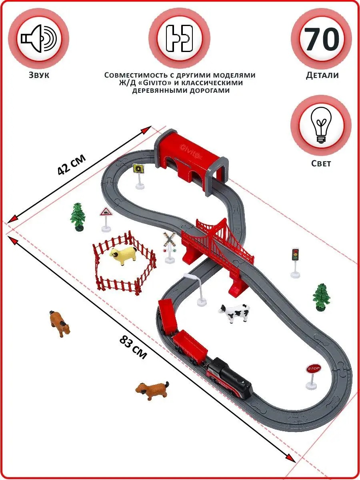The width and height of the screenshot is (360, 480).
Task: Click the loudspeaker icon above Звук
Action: point(39,38)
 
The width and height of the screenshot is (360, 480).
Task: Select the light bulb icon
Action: point(321,125)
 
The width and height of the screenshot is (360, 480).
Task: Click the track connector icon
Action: point(180,38)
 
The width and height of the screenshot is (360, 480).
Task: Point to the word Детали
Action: point(322,75)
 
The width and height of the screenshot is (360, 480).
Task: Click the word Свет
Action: point(321,163)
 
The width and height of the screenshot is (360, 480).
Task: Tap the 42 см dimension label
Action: point(71,165)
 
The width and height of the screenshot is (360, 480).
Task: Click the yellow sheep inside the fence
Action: point(123,255)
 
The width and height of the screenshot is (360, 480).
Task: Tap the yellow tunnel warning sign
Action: point(138,176)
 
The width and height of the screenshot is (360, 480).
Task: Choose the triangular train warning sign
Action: point(106,219)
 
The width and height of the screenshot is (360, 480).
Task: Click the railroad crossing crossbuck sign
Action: point(170,247)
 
